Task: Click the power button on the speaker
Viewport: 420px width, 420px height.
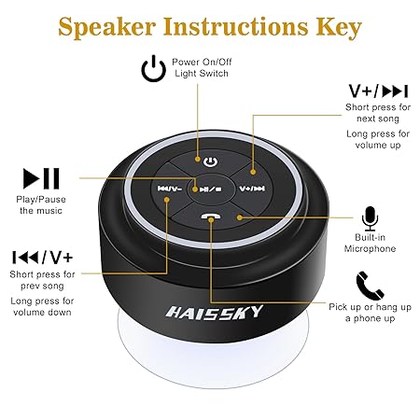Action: pos(211,161)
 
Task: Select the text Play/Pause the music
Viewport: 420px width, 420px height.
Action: pos(40,204)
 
